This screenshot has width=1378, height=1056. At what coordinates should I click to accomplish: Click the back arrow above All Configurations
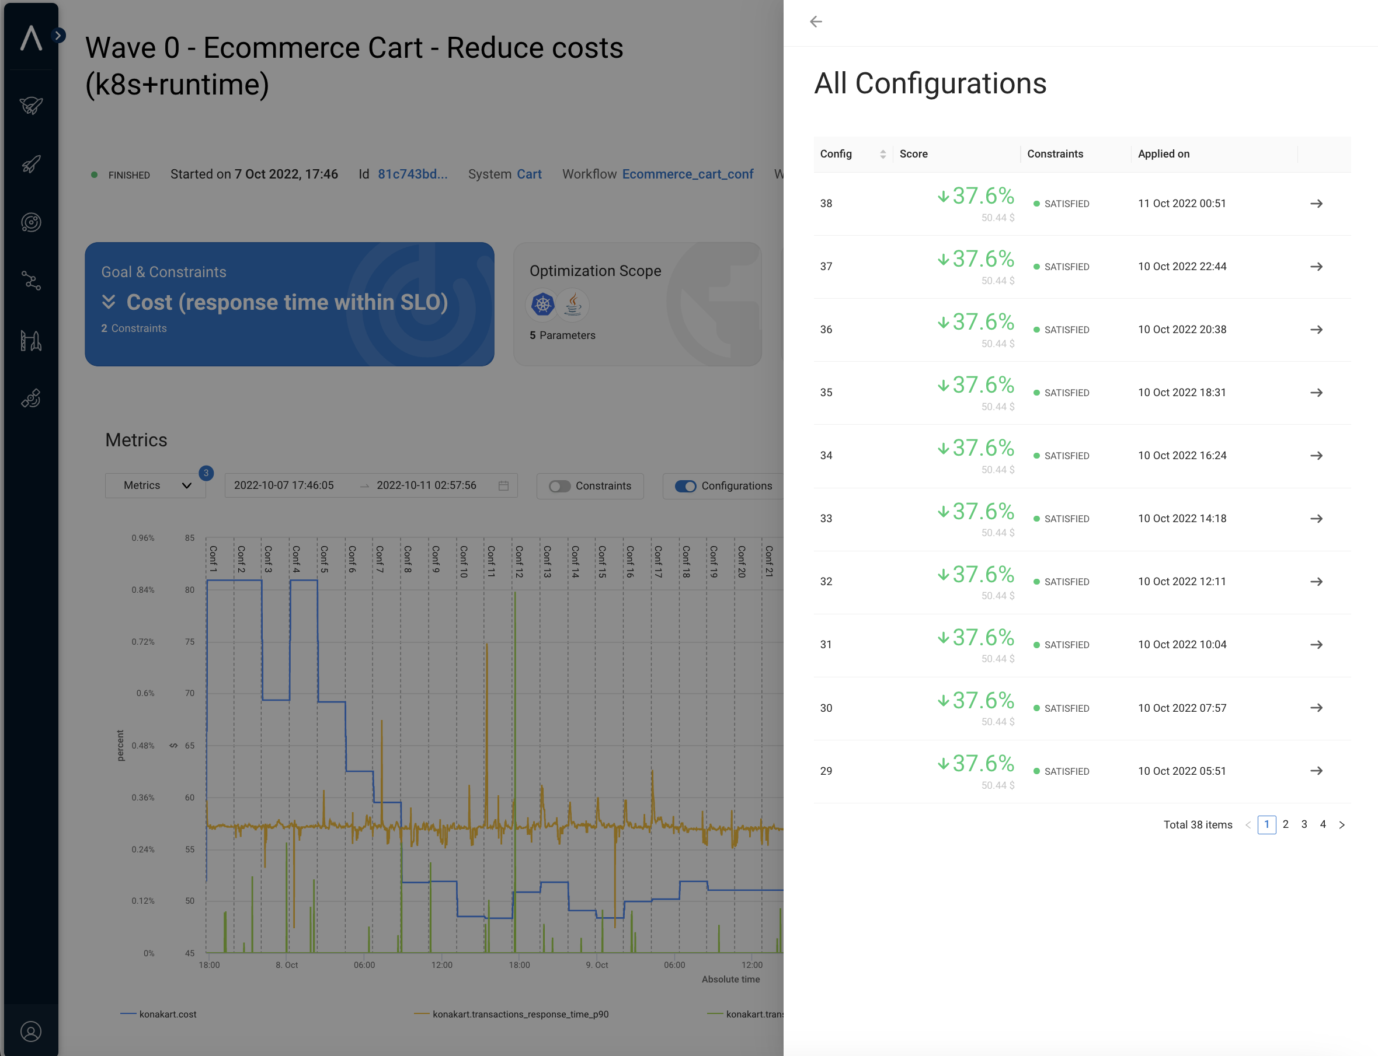coord(816,22)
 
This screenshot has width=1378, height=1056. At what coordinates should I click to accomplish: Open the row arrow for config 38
coord(1316,204)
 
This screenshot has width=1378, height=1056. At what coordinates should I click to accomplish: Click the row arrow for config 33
coord(1316,519)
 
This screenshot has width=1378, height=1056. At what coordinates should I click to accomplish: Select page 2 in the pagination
coord(1286,824)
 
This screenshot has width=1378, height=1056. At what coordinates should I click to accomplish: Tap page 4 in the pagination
coord(1323,824)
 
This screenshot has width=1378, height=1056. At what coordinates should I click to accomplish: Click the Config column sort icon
coord(882,154)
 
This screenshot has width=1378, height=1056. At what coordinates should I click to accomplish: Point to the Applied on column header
coord(1164,154)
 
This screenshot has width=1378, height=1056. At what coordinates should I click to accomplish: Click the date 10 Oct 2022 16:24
coord(1182,456)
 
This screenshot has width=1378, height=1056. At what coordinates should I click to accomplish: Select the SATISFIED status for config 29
coord(1066,771)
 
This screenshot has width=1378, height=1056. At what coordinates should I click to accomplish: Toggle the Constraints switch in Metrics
coord(559,486)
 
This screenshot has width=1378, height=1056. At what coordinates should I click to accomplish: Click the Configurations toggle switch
coord(685,486)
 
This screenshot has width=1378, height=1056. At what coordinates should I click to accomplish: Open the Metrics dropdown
coord(155,485)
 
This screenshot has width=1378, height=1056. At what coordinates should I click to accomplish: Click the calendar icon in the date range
coord(503,485)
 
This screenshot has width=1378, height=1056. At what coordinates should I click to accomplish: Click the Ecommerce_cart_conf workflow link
coord(687,174)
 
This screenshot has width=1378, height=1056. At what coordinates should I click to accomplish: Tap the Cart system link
coord(529,174)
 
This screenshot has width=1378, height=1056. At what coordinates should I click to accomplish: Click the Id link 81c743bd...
coord(413,174)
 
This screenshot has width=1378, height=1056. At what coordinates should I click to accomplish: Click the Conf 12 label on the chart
coord(519,561)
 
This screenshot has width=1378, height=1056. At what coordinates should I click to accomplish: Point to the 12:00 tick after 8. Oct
coord(441,965)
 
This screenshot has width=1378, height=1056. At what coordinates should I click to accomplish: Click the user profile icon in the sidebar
coord(31,1031)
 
